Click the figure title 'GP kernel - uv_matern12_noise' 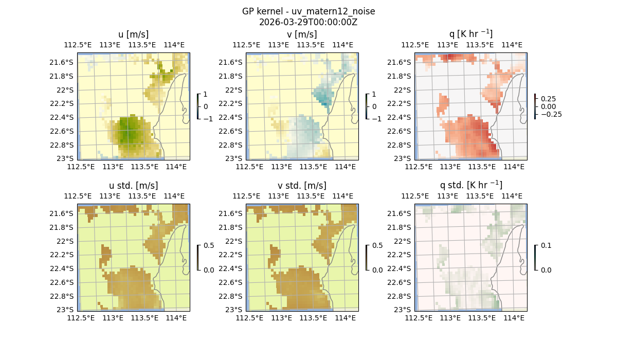tap(308, 11)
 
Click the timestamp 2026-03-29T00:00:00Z tap(308, 22)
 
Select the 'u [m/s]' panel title tap(134, 34)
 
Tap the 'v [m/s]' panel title tap(302, 34)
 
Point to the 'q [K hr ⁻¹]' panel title tap(470, 34)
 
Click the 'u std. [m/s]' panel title tap(134, 186)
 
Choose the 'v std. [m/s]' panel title tap(302, 186)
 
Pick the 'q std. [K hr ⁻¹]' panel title tap(470, 185)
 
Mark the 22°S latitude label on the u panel tap(65, 90)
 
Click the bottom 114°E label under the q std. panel tap(514, 318)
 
